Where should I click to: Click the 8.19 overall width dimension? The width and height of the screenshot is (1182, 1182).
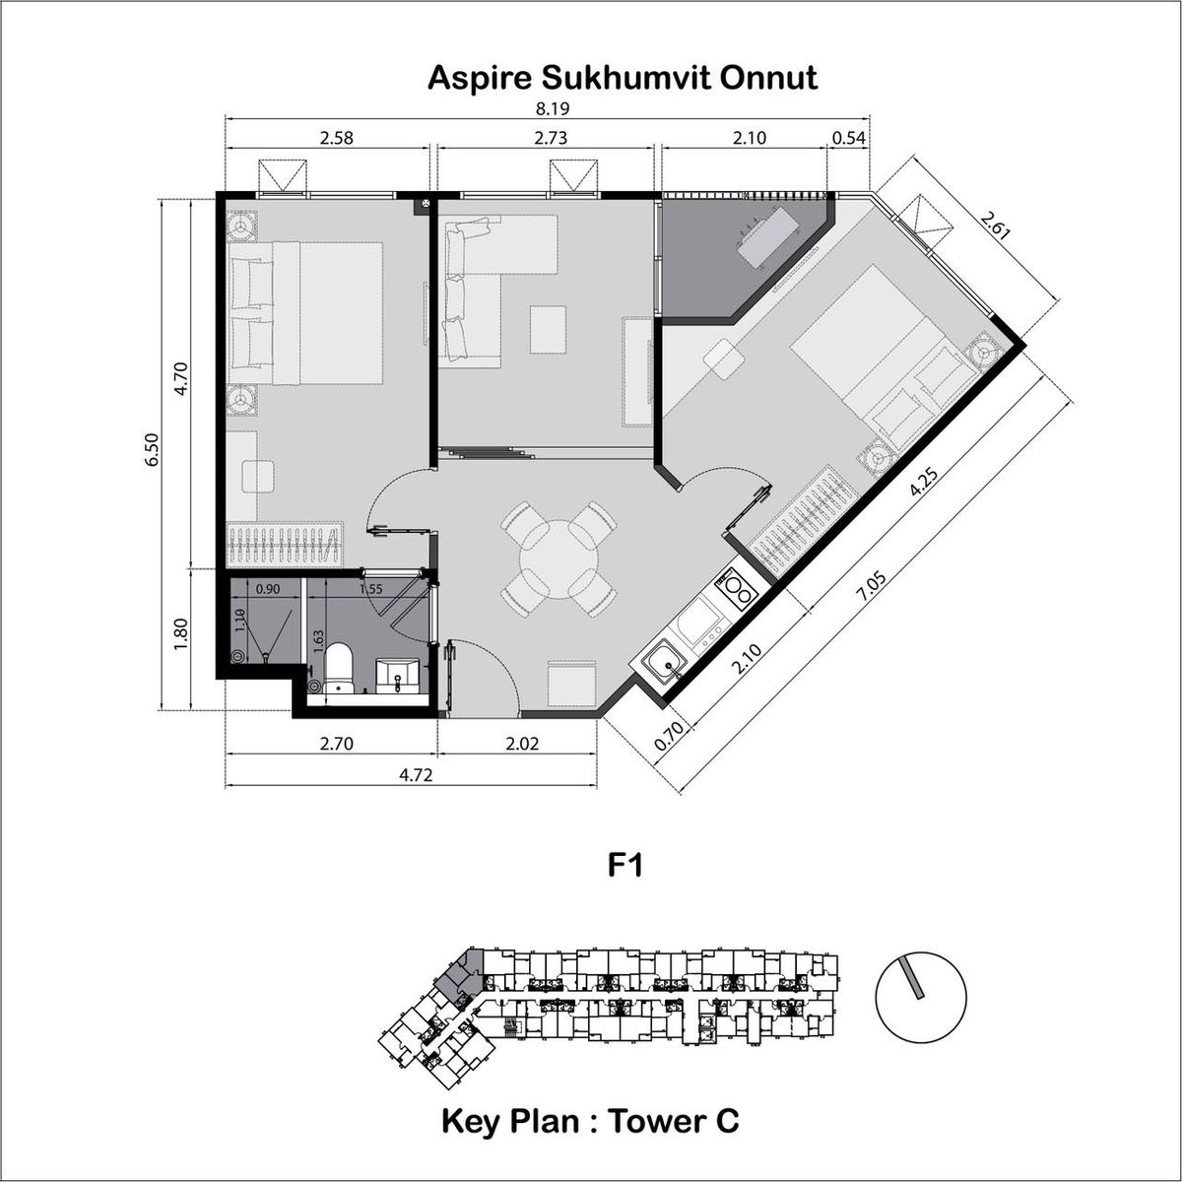(553, 109)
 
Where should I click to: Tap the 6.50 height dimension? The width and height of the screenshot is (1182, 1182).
(152, 450)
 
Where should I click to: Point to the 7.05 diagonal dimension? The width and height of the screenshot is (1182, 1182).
(873, 585)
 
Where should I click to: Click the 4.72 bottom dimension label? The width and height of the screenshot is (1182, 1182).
(416, 775)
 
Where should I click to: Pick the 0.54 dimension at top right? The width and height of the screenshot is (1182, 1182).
(849, 139)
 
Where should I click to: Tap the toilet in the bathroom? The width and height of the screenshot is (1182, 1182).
(339, 668)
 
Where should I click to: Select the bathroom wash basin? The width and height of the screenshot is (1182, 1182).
(398, 677)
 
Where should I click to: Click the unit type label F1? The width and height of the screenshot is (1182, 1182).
(625, 865)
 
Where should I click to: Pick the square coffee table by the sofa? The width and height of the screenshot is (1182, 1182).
(548, 330)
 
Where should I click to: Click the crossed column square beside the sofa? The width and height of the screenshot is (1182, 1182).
(426, 203)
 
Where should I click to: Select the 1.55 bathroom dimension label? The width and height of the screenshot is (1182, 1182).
(370, 589)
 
